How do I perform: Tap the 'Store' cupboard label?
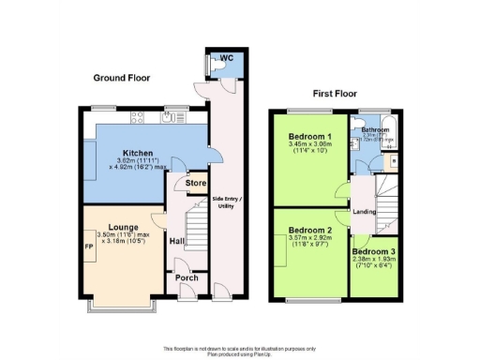click(195, 184)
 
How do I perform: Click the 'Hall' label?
click(175, 241)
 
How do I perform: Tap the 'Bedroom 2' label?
click(310, 230)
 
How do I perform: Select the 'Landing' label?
click(364, 211)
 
